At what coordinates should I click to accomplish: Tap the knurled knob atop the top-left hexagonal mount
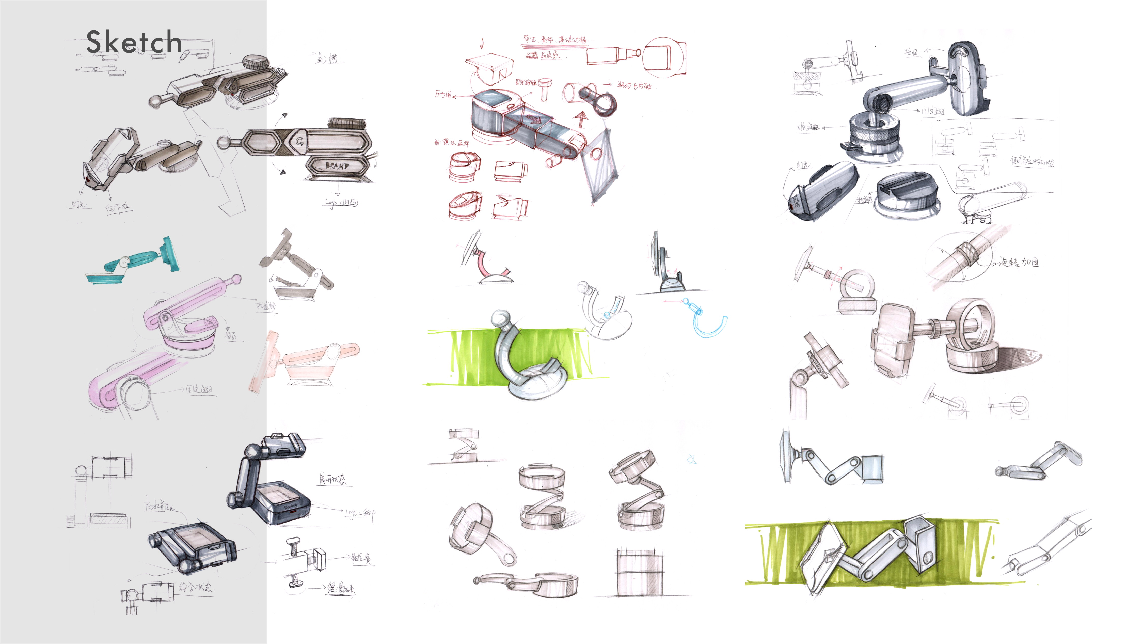pos(255,62)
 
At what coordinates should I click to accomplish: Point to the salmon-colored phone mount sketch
pos(306,360)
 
